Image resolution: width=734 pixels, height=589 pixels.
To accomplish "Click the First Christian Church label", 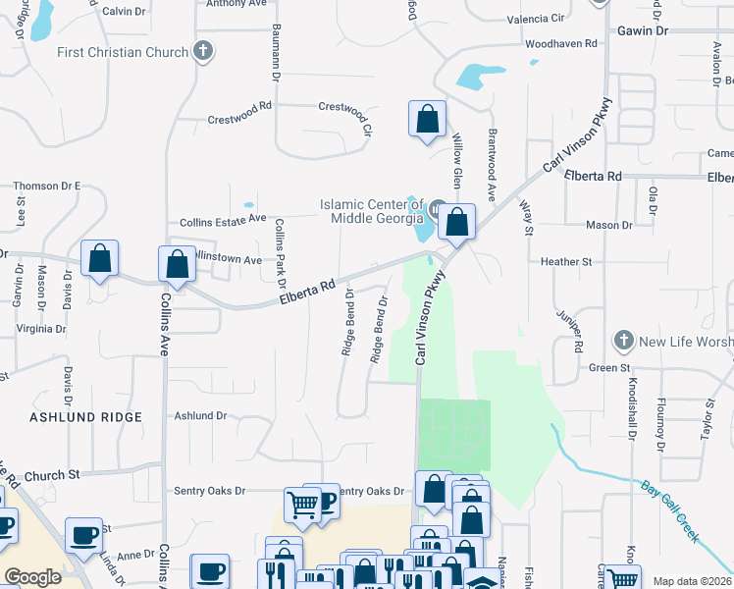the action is (122, 52).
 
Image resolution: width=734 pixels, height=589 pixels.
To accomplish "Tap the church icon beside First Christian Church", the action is (204, 51).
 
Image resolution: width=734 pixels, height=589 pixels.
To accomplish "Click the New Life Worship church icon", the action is (622, 340).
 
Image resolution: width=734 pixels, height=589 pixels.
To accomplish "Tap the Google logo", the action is (33, 576).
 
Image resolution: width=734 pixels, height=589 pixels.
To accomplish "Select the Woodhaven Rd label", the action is (561, 44).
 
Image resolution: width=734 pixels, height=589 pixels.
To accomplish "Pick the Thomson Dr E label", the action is (46, 186).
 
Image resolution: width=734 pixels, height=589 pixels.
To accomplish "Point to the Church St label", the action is (52, 475).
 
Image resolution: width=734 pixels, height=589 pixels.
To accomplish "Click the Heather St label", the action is (566, 262).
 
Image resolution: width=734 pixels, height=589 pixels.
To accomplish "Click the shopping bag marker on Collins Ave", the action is (177, 263).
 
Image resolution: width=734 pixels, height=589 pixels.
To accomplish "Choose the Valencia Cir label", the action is (536, 19).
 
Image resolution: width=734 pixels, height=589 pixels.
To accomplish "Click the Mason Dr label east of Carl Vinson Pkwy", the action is (608, 226).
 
